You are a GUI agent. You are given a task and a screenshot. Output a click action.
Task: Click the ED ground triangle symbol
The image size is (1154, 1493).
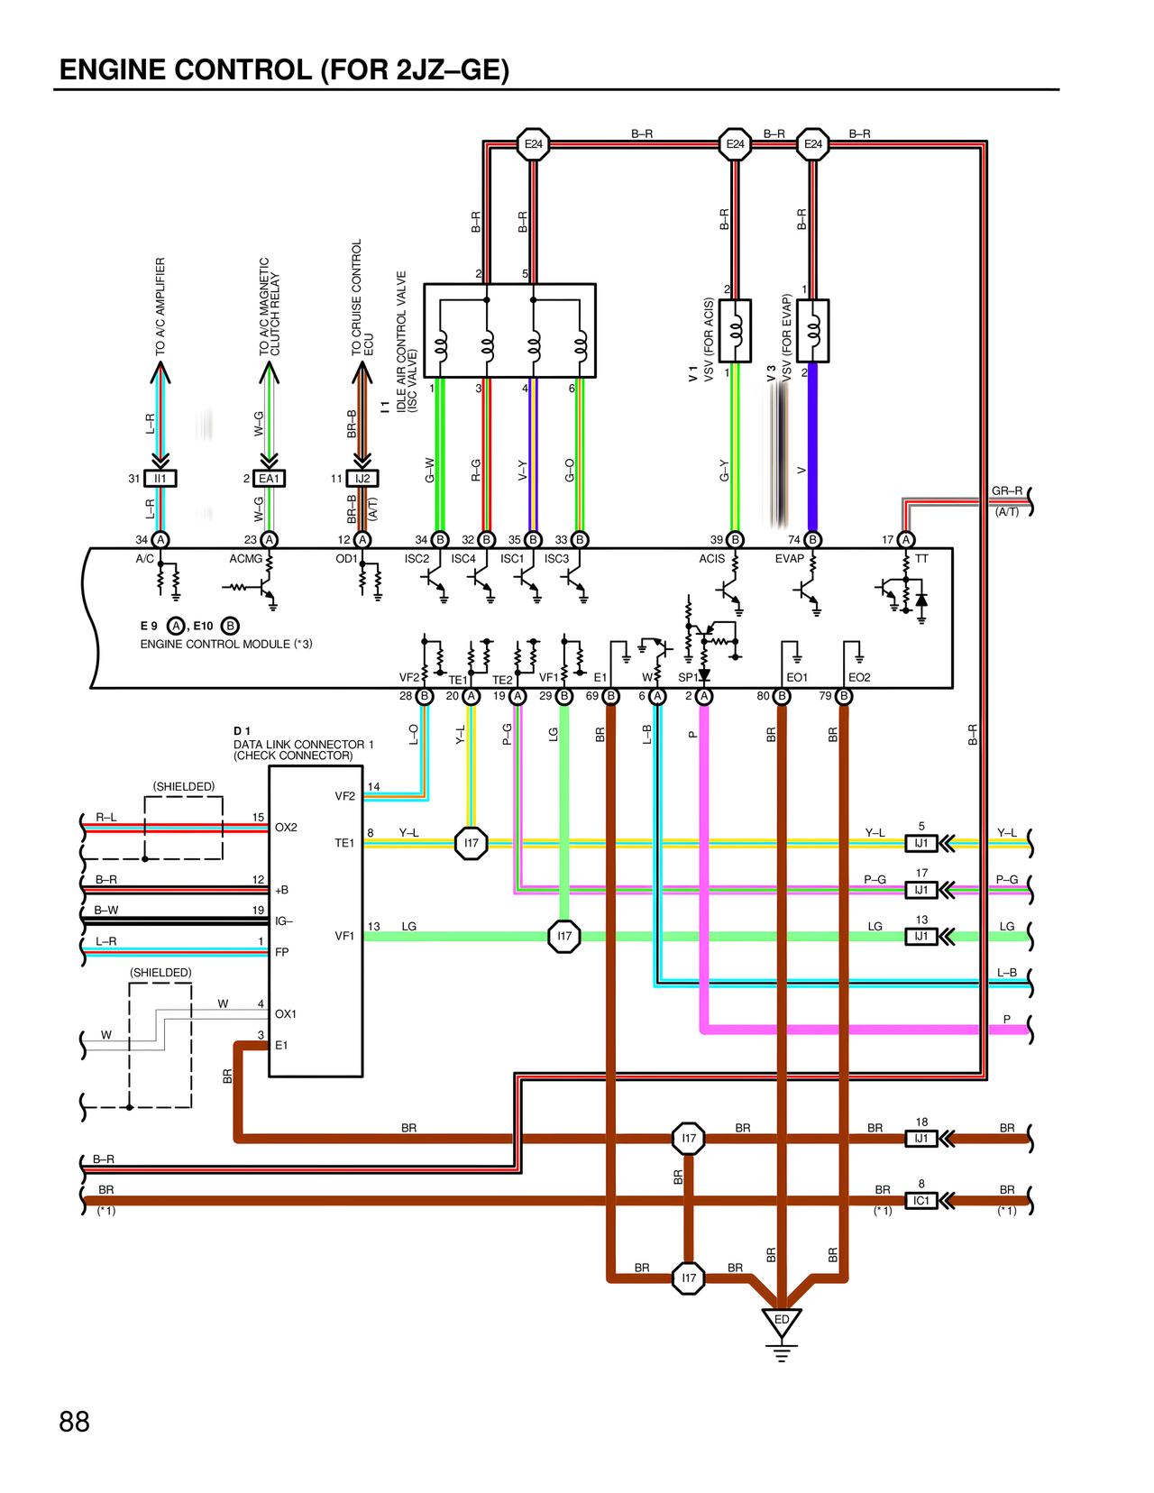click(782, 1321)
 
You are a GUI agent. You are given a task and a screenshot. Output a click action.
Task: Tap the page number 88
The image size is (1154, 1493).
click(74, 1422)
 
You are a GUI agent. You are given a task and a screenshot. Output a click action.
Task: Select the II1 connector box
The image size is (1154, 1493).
click(160, 479)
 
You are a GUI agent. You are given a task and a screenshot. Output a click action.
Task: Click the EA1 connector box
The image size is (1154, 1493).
click(270, 479)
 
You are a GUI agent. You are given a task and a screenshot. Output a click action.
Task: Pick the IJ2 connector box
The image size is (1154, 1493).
click(362, 479)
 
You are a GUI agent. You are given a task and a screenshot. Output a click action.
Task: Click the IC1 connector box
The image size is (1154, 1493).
click(920, 1201)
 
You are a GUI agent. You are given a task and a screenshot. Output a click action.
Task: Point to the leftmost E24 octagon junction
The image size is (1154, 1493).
click(534, 144)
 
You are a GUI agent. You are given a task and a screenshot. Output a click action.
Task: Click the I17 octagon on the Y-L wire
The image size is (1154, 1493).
click(471, 844)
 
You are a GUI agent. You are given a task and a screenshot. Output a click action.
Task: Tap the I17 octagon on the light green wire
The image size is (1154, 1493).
click(564, 936)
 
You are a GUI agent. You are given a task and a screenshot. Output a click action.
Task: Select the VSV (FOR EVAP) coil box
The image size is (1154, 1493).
click(814, 331)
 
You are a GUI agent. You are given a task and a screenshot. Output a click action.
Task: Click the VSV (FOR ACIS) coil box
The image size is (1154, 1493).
click(736, 331)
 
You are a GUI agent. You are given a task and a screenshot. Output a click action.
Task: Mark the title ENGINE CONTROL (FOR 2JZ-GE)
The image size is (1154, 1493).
click(284, 70)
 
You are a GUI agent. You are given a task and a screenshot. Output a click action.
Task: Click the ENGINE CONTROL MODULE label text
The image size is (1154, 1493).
click(225, 644)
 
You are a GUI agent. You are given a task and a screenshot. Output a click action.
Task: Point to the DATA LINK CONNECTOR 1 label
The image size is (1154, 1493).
click(303, 745)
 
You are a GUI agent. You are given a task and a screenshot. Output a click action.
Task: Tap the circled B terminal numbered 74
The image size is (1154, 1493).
click(812, 540)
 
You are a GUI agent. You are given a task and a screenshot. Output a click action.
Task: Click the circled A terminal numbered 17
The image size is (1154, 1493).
click(906, 540)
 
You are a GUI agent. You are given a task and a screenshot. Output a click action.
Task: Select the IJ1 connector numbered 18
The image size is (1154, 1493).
click(920, 1139)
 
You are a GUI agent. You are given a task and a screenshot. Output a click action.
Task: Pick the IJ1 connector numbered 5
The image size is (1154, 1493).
click(920, 844)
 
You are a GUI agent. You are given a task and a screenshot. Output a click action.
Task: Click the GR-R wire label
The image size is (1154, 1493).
click(1006, 491)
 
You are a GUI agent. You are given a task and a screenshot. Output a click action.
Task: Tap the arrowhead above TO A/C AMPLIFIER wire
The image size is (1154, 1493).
click(160, 371)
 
